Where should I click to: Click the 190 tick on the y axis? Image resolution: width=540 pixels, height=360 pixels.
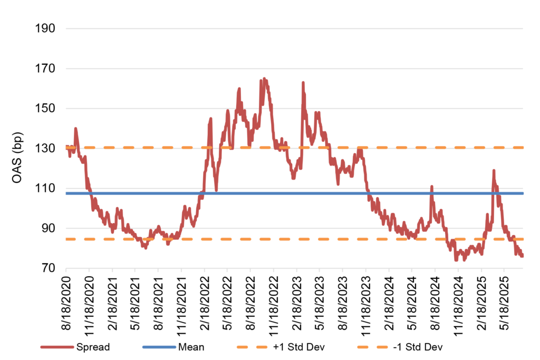44,28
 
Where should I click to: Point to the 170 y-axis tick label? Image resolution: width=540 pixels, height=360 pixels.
44,69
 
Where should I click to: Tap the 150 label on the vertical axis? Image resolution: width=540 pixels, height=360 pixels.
44,109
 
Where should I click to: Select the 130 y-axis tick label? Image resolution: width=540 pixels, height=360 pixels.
44,149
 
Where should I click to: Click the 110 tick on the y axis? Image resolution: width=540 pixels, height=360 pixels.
44,189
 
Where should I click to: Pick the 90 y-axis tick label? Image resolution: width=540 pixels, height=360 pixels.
47,229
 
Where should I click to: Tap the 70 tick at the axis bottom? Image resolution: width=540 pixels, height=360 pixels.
47,269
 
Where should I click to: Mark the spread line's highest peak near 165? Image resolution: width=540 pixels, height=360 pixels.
264,79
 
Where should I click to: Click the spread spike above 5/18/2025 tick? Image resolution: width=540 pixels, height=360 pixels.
494,171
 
